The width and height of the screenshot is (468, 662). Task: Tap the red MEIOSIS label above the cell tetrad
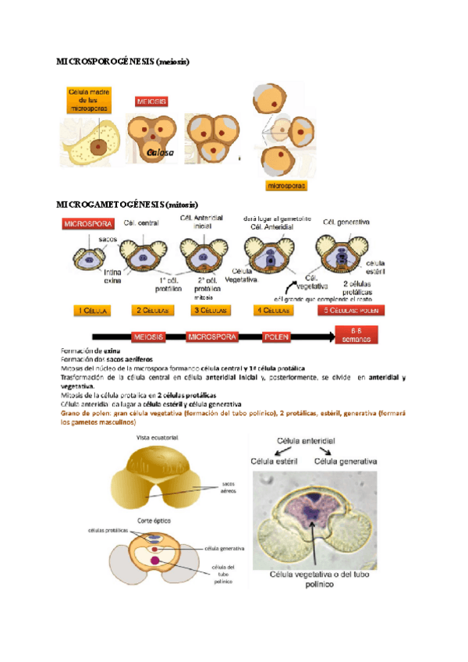click(151, 101)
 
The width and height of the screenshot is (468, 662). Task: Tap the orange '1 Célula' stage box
click(91, 310)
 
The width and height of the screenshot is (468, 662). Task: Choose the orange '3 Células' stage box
click(211, 310)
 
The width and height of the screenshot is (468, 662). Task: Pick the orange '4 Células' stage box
click(272, 310)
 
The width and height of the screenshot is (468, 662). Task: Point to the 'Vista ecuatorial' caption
click(154, 436)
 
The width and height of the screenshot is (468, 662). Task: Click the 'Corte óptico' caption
click(154, 519)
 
